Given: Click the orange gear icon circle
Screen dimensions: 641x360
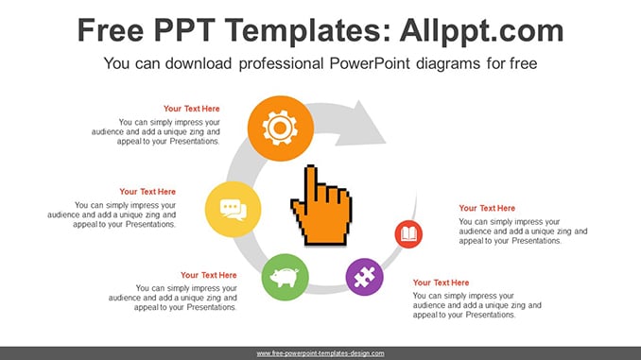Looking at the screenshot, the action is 281,129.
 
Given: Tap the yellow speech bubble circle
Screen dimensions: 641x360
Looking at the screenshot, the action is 233,209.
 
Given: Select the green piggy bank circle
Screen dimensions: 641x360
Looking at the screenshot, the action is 285,278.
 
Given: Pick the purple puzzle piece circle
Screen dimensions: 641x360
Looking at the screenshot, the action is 365,277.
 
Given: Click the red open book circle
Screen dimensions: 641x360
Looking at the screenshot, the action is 408,234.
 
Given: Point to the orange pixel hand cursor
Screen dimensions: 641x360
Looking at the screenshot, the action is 321,206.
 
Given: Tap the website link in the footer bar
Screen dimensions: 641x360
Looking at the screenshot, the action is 320,353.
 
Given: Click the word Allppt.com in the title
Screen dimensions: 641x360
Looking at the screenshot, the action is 481,31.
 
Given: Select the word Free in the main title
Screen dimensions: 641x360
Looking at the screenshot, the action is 111,30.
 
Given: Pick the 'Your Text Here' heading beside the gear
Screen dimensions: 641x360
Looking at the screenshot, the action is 192,109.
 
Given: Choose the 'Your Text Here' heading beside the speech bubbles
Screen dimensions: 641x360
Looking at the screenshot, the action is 147,192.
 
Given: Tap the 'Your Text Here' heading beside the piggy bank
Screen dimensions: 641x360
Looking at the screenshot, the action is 209,275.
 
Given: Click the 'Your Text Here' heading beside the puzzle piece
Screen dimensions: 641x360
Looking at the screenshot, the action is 442,283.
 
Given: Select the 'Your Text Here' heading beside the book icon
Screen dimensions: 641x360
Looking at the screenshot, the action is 487,208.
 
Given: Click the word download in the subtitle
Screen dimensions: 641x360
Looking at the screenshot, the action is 199,63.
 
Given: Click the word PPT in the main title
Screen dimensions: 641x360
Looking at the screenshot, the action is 184,30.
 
